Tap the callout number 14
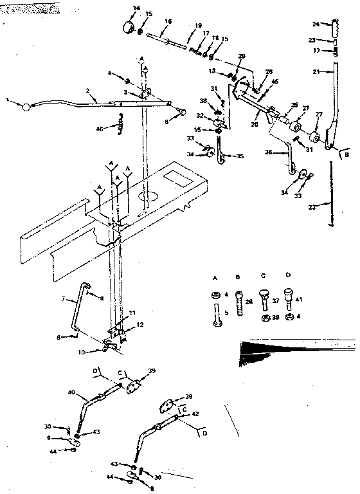coord(136,8)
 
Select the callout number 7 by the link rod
coord(64,299)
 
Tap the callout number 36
coord(269,153)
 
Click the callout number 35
coord(240,156)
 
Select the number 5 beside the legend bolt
coord(226,313)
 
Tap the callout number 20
coord(255,123)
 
